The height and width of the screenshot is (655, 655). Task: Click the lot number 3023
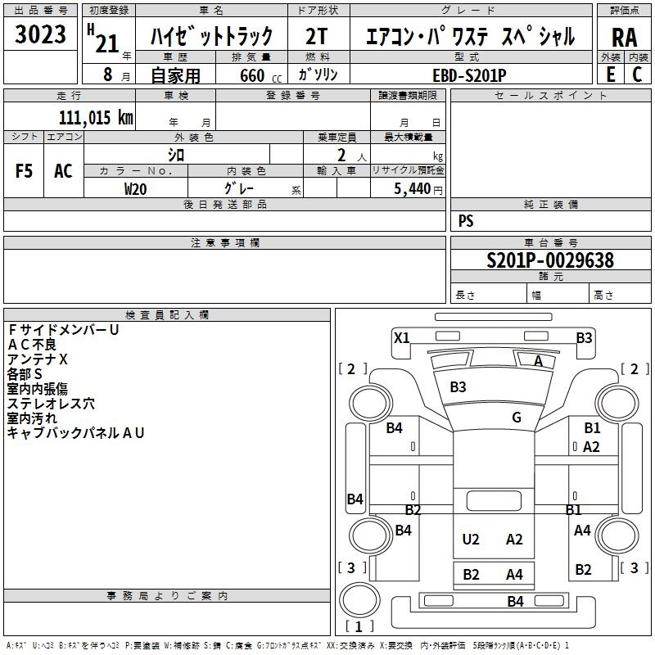(40, 34)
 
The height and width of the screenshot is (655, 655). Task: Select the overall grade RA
(625, 38)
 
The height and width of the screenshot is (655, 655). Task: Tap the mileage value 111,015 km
(96, 118)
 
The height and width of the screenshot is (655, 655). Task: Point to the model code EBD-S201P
(469, 75)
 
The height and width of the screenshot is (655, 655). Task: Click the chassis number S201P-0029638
(550, 260)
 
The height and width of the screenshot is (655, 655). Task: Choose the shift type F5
(24, 171)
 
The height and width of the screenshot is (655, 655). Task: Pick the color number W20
(135, 189)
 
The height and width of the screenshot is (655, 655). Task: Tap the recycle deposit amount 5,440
(412, 189)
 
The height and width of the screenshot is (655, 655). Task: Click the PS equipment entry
(466, 221)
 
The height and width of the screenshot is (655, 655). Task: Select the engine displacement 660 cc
(260, 75)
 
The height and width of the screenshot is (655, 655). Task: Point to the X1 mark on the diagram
(401, 337)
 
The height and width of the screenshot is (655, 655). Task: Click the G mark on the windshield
(517, 417)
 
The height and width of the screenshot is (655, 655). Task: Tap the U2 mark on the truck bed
(470, 540)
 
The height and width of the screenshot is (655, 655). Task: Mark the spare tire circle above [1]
(360, 599)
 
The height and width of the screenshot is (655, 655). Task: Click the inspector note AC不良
(32, 345)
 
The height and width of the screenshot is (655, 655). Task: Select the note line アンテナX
(38, 359)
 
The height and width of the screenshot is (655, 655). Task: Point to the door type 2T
(317, 36)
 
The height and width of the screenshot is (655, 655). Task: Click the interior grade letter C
(637, 75)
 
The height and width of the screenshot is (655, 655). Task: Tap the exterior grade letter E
(611, 75)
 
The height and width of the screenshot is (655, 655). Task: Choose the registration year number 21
(107, 43)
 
